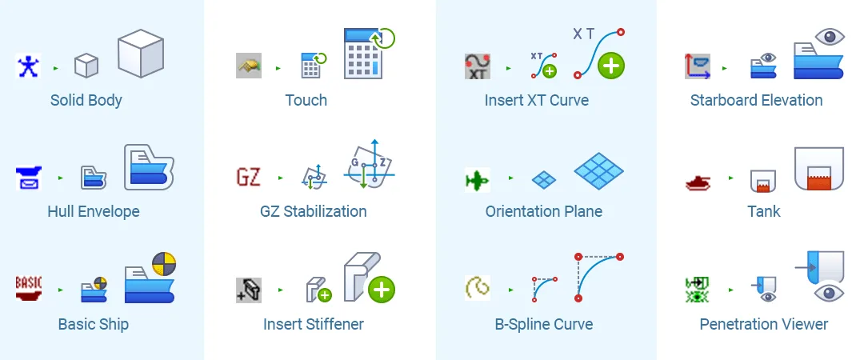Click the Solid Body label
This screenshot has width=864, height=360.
[86, 100]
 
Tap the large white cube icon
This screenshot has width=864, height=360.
[140, 54]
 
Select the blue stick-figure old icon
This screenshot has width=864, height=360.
[28, 66]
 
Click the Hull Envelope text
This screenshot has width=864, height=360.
[94, 211]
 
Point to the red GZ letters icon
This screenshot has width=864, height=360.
[249, 177]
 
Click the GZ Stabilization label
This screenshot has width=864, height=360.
[314, 211]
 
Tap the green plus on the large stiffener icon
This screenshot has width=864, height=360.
[381, 289]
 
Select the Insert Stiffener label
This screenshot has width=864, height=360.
[314, 324]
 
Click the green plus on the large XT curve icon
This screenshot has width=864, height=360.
[611, 66]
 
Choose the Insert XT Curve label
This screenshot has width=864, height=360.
[537, 100]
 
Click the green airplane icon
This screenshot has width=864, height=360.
[477, 180]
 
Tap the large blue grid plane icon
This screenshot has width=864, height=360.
[598, 170]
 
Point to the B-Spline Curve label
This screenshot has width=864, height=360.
[544, 324]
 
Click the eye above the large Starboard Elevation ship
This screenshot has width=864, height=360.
[830, 36]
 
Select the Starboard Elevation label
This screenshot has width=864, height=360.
[757, 100]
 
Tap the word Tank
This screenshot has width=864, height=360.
[764, 211]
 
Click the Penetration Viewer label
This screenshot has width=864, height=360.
[764, 324]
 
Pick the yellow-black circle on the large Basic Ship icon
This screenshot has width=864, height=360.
[164, 264]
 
